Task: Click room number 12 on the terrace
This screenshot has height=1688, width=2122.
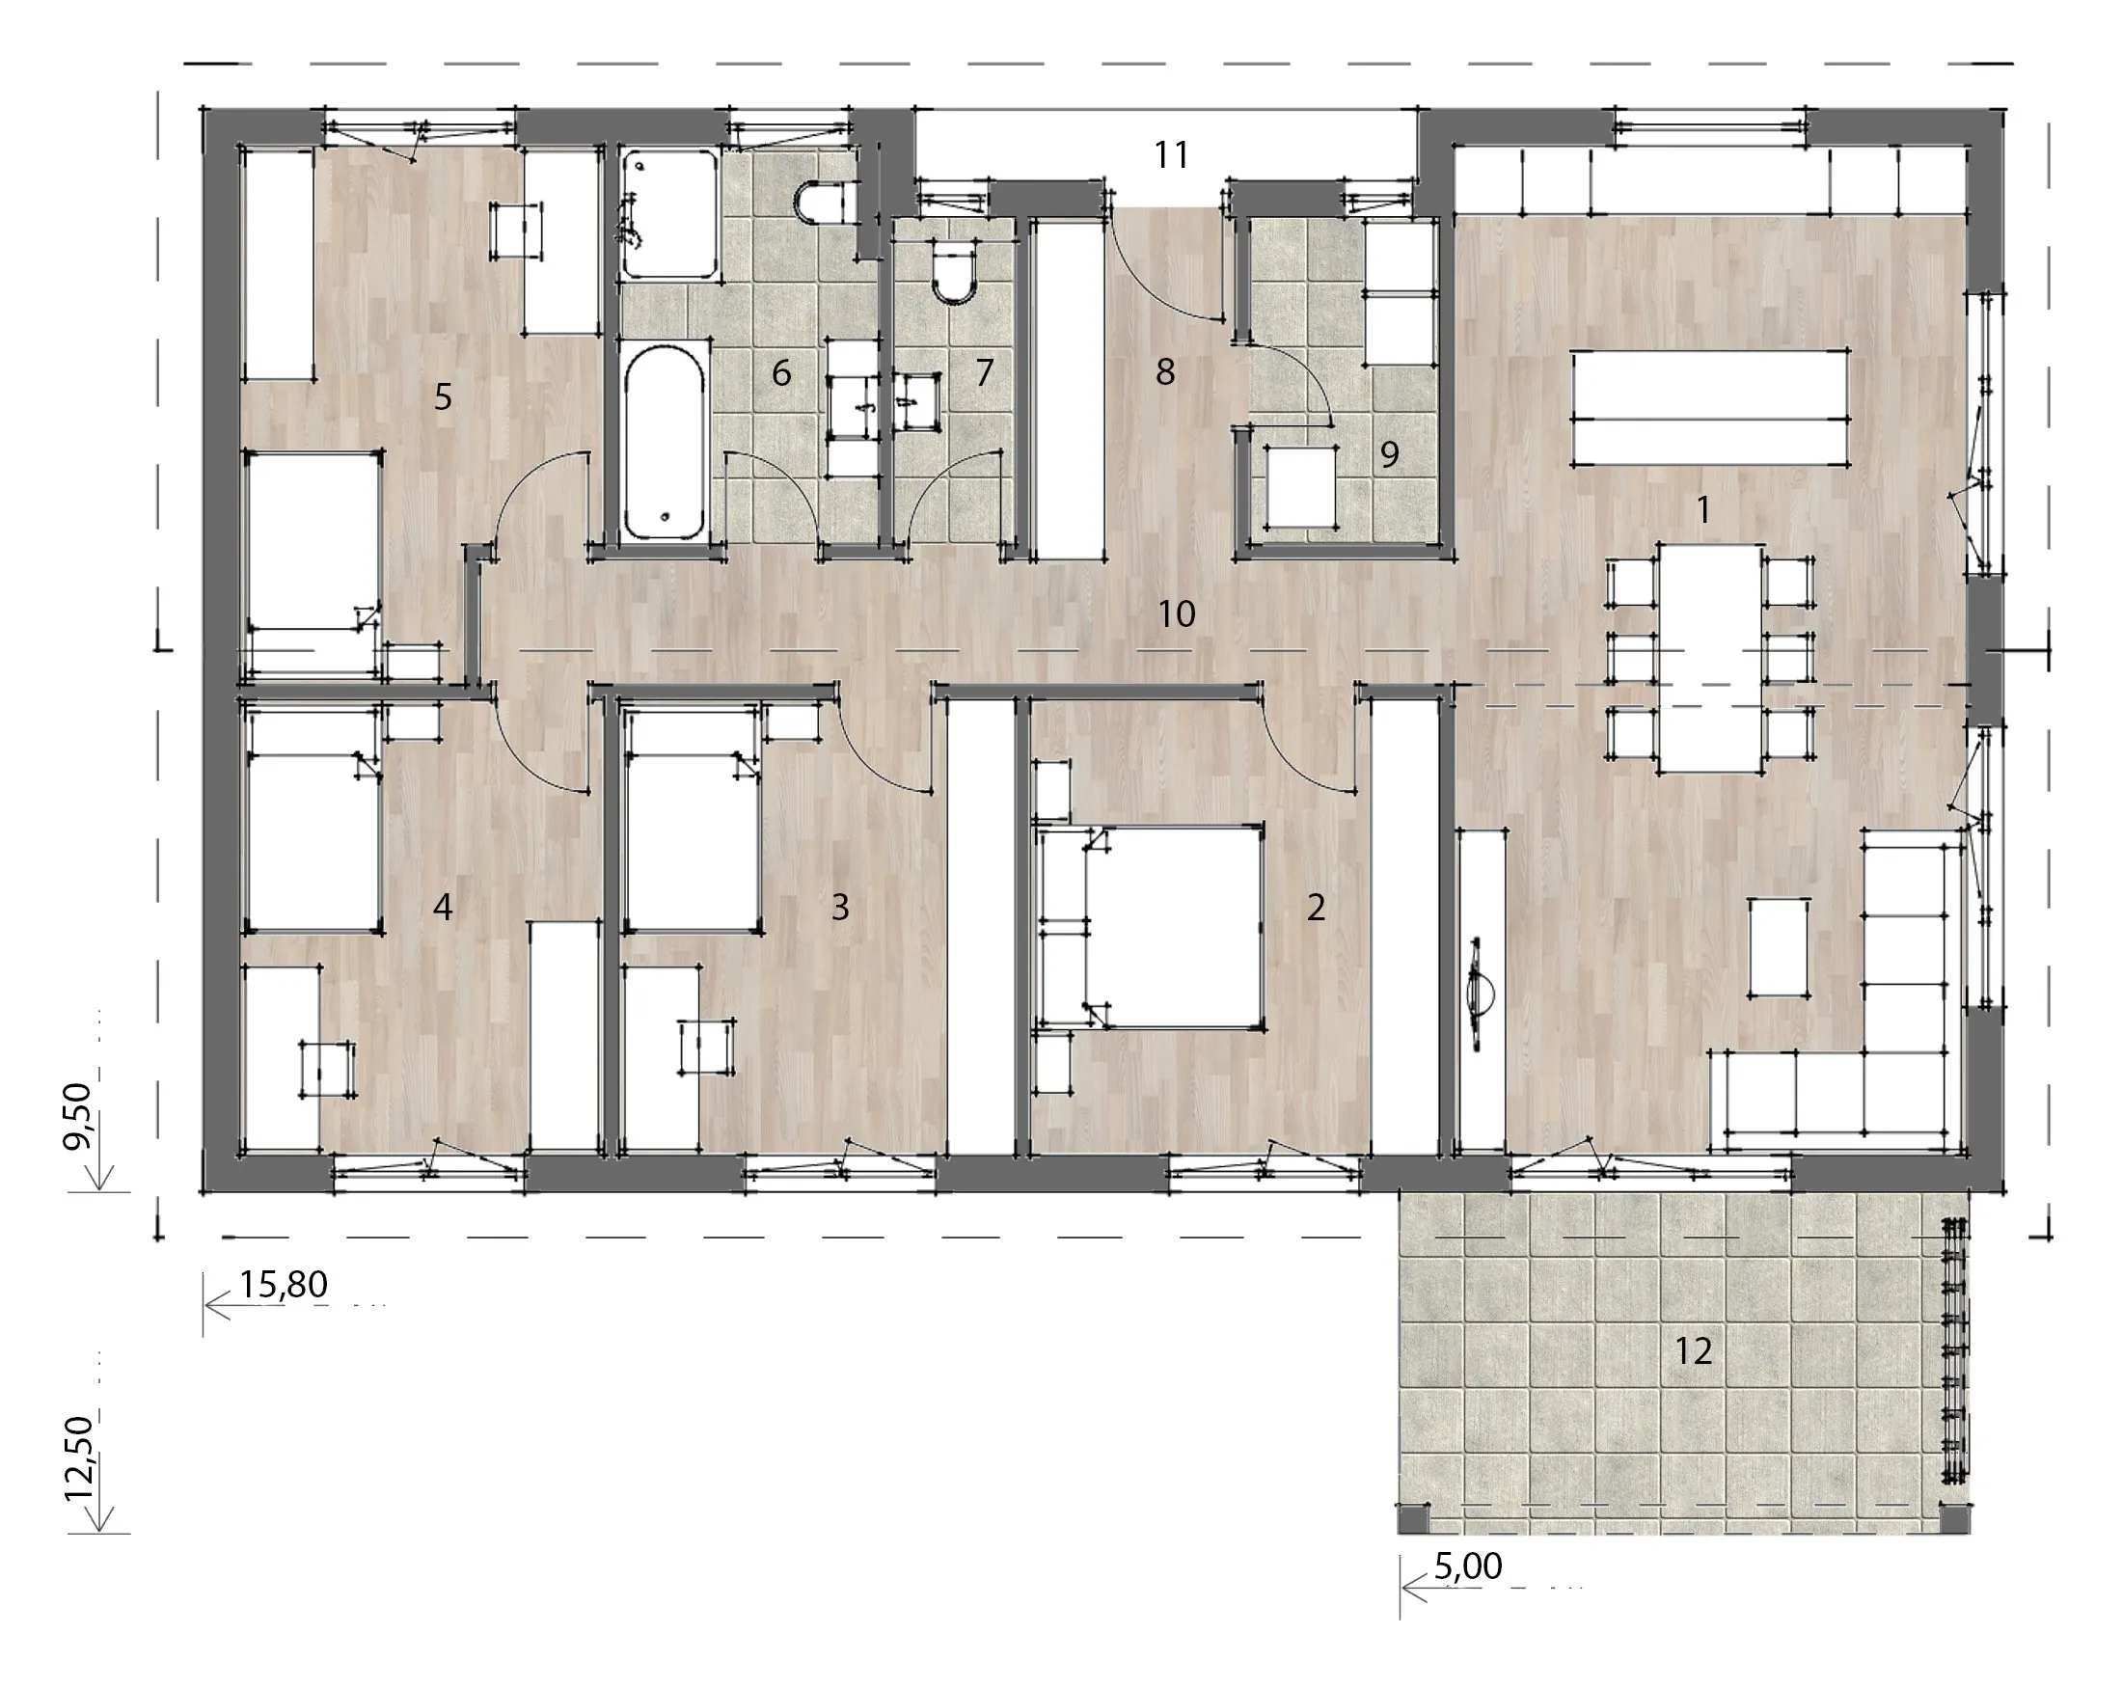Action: pyautogui.click(x=1694, y=1351)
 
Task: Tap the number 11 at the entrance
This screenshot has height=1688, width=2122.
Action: pyautogui.click(x=1171, y=154)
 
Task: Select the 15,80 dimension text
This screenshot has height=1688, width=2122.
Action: pyautogui.click(x=284, y=1285)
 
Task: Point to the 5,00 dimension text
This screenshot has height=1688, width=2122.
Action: pyautogui.click(x=1467, y=1565)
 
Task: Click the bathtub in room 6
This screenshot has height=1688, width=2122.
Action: pyautogui.click(x=666, y=440)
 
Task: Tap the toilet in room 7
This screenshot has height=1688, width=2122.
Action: pyautogui.click(x=953, y=269)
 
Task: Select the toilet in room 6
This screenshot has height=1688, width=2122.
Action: pyautogui.click(x=819, y=204)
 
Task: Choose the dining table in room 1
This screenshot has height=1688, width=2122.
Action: pyautogui.click(x=1710, y=658)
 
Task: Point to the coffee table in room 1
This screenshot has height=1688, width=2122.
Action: pyautogui.click(x=1779, y=948)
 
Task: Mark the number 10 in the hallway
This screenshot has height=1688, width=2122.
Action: pyautogui.click(x=1176, y=614)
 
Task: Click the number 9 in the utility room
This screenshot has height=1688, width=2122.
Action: pyautogui.click(x=1389, y=453)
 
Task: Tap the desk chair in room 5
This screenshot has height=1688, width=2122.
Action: pyautogui.click(x=516, y=231)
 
